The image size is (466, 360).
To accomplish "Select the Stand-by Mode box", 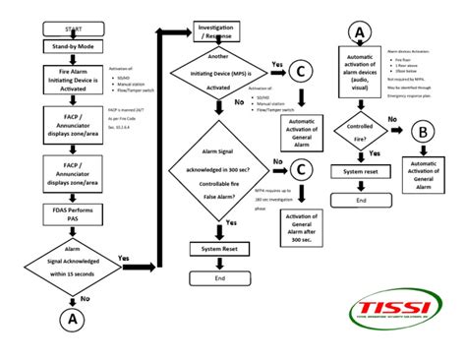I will (x=66, y=46).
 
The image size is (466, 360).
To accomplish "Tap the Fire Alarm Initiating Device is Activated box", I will (x=66, y=78).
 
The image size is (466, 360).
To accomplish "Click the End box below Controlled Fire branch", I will (x=359, y=199).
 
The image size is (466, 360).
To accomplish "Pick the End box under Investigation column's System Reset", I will (x=218, y=279).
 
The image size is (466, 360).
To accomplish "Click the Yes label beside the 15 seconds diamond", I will (x=125, y=259).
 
